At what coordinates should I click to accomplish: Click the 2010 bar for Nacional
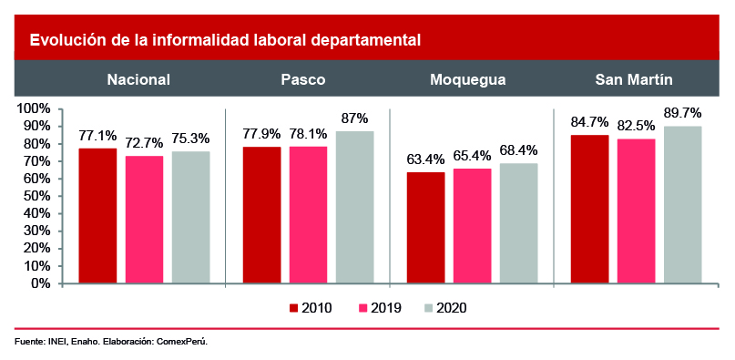[x=97, y=216]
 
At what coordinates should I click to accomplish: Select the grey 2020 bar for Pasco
[x=355, y=208]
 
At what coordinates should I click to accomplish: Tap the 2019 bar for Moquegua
[x=473, y=226]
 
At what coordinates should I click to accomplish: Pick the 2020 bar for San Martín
[x=682, y=205]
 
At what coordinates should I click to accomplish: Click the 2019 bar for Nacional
[x=144, y=220]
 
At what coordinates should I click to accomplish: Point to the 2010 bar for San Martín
[x=589, y=210]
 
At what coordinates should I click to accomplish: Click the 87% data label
[x=355, y=118]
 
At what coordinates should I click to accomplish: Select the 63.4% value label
[x=425, y=159]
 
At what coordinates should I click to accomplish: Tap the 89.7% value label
[x=682, y=113]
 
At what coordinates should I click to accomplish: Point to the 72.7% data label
[x=144, y=143]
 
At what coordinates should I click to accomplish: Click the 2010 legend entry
[x=311, y=308]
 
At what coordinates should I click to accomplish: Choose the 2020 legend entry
[x=445, y=308]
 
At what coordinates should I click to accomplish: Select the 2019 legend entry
[x=380, y=308]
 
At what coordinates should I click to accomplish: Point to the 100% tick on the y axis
[x=33, y=109]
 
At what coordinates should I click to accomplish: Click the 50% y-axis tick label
[x=36, y=196]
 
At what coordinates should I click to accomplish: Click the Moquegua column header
[x=468, y=80]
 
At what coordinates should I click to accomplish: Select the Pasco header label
[x=303, y=80]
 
